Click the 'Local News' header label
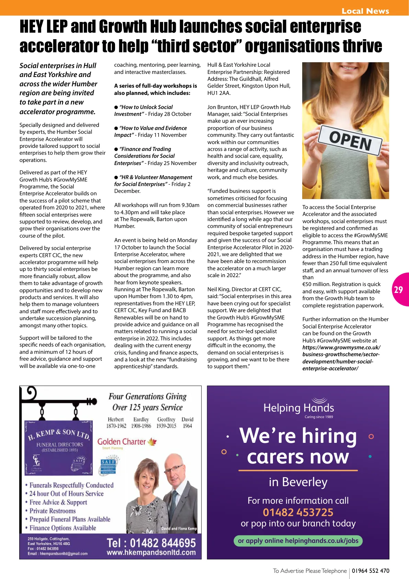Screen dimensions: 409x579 click(365, 11)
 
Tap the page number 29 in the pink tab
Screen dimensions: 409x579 click(398, 290)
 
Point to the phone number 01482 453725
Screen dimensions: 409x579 click(298, 512)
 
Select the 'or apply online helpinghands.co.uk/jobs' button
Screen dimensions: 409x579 click(298, 540)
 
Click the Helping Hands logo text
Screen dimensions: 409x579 click(298, 408)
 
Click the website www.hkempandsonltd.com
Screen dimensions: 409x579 click(151, 553)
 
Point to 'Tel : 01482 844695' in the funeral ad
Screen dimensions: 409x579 click(151, 543)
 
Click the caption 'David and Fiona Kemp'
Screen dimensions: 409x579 click(179, 528)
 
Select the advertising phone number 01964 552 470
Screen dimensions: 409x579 click(371, 571)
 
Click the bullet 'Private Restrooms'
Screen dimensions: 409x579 click(52, 511)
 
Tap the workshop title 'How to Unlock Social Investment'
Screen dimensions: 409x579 click(144, 111)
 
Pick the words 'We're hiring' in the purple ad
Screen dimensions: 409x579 click(298, 436)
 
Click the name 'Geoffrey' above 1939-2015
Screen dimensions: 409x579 click(166, 419)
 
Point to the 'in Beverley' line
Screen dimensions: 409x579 click(298, 482)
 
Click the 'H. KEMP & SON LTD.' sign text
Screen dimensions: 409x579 click(58, 434)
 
